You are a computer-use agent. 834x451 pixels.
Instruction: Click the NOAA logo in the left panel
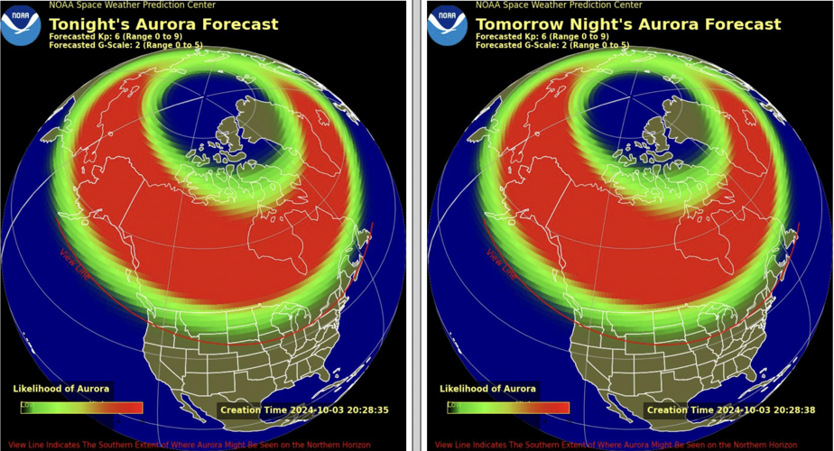click(x=20, y=25)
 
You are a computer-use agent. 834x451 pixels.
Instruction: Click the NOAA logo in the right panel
click(x=446, y=25)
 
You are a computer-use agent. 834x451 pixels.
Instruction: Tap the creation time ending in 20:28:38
click(x=731, y=410)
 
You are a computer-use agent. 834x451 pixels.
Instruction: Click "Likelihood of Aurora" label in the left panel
click(x=61, y=389)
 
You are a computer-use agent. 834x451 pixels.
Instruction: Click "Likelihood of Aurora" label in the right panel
click(x=488, y=389)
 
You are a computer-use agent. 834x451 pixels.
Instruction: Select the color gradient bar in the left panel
click(x=82, y=407)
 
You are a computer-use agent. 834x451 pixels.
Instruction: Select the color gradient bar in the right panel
click(x=508, y=407)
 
